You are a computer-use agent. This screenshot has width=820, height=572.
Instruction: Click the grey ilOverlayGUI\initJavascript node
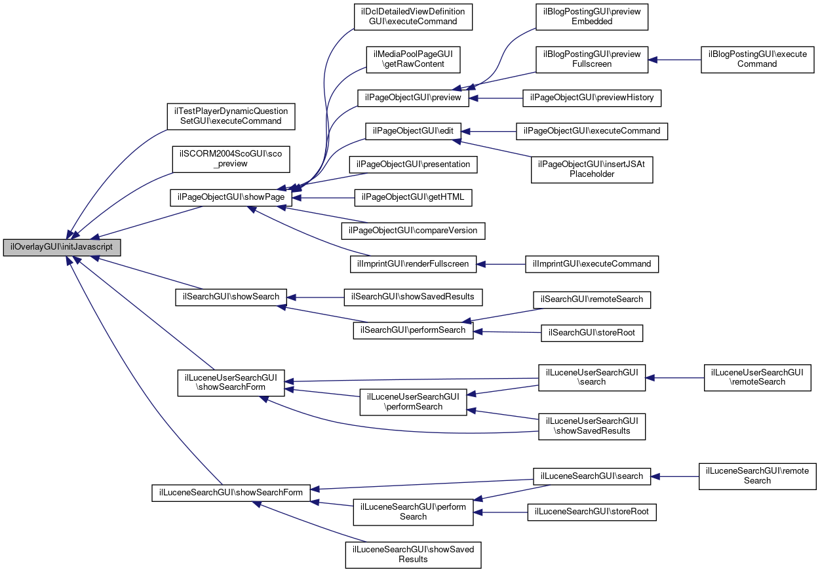pos(62,248)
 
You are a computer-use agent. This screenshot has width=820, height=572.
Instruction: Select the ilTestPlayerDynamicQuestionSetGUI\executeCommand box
pos(231,117)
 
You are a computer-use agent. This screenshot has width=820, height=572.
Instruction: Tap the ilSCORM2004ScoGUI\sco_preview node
pos(231,159)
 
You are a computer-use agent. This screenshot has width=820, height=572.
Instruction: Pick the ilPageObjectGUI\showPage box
pos(231,198)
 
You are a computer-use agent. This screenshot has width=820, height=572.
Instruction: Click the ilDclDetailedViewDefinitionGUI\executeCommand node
pos(413,17)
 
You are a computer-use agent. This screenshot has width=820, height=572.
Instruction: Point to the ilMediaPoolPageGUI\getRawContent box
pos(413,60)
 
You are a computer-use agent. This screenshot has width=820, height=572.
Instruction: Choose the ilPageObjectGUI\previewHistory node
pos(592,98)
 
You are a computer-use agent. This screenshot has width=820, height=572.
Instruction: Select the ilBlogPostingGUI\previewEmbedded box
pos(592,17)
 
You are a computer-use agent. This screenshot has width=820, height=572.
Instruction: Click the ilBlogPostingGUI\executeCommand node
pos(757,60)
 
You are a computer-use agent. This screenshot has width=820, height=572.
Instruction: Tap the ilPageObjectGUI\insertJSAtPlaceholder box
pos(592,170)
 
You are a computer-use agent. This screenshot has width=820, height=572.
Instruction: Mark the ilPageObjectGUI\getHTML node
pos(413,198)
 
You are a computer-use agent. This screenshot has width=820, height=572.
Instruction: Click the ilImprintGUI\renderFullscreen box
pos(413,264)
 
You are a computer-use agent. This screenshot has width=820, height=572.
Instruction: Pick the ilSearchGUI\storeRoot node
pos(592,333)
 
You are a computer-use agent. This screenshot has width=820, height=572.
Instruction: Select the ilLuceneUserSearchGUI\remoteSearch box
pos(757,377)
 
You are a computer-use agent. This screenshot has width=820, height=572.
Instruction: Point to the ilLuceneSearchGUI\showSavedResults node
pos(413,555)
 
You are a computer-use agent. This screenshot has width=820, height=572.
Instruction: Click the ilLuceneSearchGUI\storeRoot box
pos(592,512)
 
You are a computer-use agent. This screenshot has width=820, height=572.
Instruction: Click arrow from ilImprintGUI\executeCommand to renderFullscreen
pos(501,264)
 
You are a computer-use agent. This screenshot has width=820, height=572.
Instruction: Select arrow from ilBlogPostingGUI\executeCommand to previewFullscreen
pos(674,60)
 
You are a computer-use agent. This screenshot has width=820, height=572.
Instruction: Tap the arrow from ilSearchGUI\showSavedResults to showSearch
pos(315,297)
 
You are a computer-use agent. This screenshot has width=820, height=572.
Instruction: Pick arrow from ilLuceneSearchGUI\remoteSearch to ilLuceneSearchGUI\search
pos(674,476)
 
